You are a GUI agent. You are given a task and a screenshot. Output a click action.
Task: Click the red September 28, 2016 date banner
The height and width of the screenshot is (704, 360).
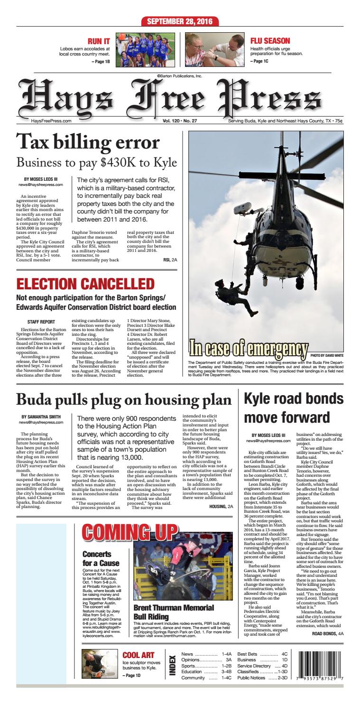click(180, 22)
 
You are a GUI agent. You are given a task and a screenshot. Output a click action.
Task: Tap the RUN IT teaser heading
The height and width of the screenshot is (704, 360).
click(100, 42)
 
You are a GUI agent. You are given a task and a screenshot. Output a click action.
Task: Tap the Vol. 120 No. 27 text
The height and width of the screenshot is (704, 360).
click(180, 120)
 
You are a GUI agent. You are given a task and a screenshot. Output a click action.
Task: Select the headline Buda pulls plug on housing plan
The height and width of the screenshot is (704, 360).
click(124, 399)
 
